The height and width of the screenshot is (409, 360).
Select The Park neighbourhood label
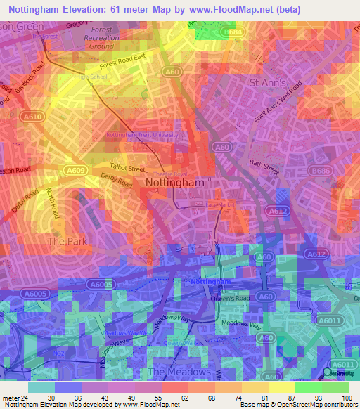point(66,241)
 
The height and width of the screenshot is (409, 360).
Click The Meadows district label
point(179,372)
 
